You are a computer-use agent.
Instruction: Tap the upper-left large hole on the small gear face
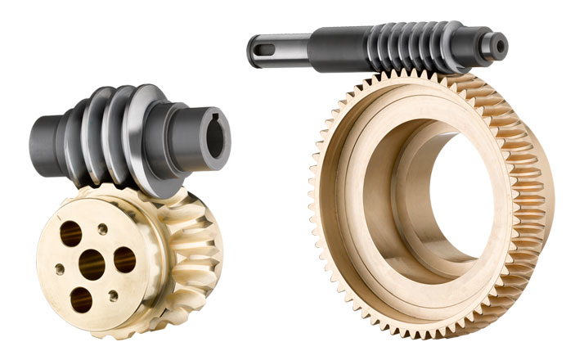tap(70, 235)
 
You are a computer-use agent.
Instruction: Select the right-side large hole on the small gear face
tap(124, 260)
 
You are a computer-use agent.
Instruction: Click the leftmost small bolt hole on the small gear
tap(61, 268)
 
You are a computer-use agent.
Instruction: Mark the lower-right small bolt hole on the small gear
tap(114, 295)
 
